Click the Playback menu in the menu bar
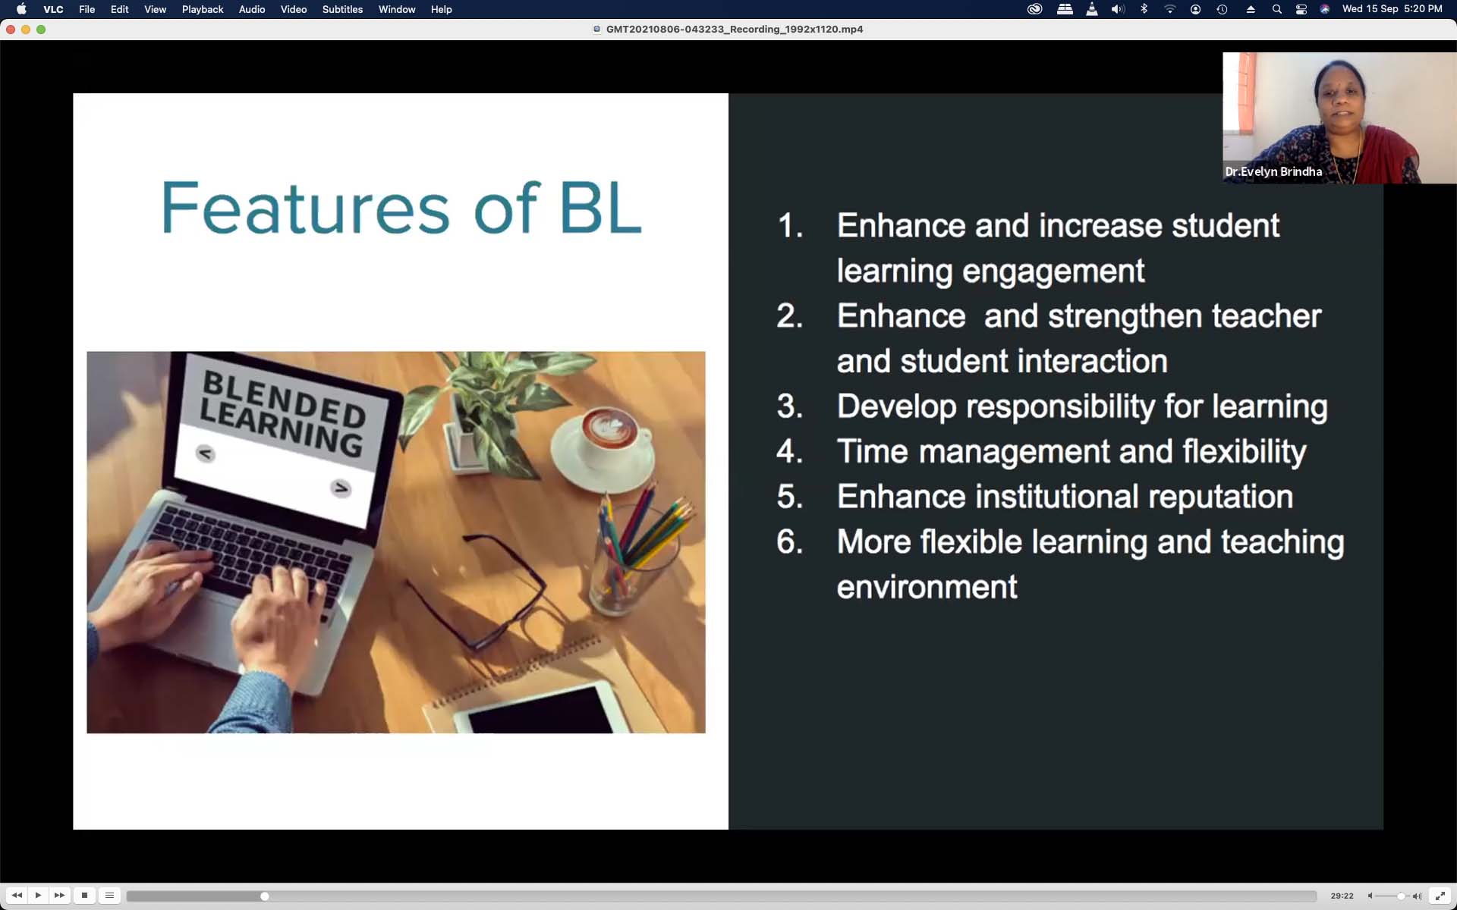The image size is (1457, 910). click(x=203, y=9)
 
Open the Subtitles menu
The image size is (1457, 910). click(x=342, y=9)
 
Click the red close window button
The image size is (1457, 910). click(x=11, y=30)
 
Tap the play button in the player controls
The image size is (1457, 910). click(x=38, y=896)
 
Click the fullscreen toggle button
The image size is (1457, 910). click(x=1440, y=896)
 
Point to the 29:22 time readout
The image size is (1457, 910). click(x=1342, y=896)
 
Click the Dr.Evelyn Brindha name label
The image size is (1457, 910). click(x=1273, y=171)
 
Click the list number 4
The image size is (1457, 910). click(x=789, y=451)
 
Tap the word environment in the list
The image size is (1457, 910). click(x=927, y=587)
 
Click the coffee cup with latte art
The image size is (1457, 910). click(x=612, y=437)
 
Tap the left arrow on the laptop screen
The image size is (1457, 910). click(x=205, y=453)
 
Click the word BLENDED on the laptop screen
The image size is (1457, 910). click(x=284, y=399)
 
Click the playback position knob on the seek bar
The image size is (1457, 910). click(x=264, y=896)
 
